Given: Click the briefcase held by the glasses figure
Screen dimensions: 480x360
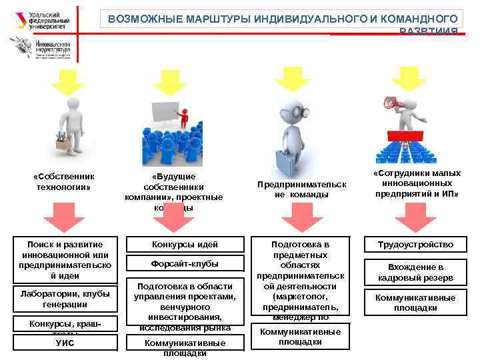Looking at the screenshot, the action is click(286, 161).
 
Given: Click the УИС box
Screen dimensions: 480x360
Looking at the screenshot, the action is click(65, 343).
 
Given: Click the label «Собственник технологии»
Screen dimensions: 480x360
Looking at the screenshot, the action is click(64, 181).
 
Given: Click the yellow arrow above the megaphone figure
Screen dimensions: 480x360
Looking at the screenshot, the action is click(408, 78).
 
